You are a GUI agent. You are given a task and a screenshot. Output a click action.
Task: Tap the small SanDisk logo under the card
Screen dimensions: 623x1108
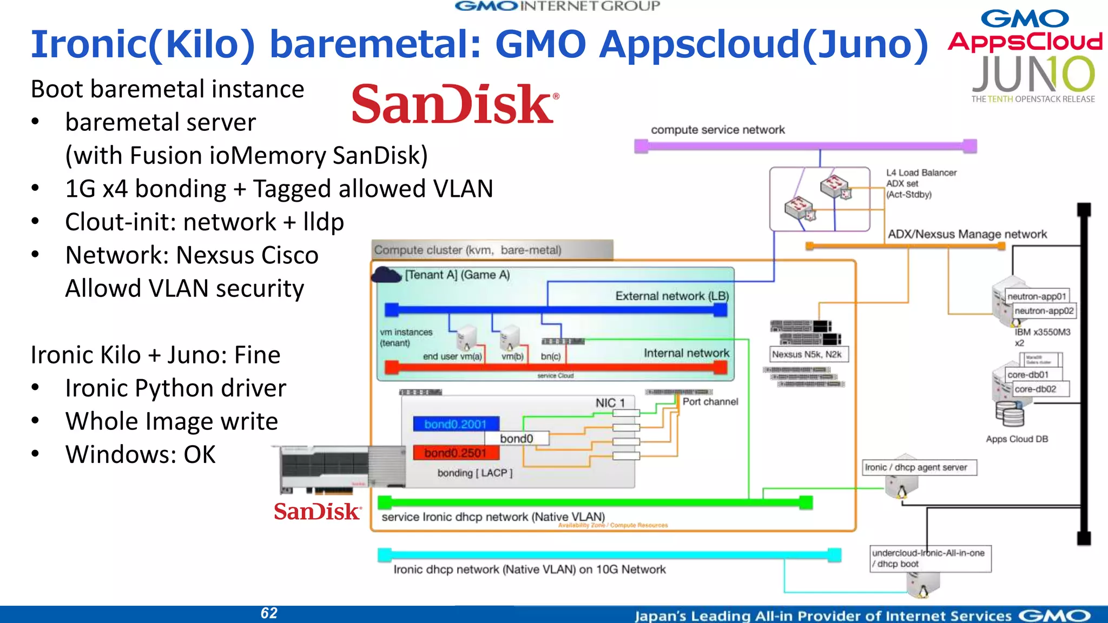point(318,512)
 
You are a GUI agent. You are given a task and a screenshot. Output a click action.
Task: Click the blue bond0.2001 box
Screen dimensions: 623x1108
point(456,424)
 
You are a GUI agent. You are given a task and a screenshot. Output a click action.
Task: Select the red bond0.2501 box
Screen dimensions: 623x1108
point(456,453)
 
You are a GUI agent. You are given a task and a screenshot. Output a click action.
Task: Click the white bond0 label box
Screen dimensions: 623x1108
point(517,439)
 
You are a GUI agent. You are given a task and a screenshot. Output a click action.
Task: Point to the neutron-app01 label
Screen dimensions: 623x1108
point(1037,296)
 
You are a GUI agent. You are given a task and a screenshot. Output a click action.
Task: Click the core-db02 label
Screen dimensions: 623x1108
point(1036,389)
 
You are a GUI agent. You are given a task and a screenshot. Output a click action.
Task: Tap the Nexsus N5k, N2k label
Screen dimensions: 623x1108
point(807,354)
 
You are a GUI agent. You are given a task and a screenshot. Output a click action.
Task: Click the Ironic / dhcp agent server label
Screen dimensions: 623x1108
point(916,467)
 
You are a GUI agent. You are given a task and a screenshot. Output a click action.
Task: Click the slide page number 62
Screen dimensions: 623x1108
point(269,613)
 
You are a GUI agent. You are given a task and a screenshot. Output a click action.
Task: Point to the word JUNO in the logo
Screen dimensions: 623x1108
point(1033,75)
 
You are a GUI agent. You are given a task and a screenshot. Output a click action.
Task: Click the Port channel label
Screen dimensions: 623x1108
point(710,402)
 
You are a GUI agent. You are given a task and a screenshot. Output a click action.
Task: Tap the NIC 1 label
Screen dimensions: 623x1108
point(610,403)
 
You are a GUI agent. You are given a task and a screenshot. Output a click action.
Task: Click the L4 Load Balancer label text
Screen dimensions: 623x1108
point(921,173)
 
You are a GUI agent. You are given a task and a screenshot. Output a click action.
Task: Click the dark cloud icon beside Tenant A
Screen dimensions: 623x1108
point(386,275)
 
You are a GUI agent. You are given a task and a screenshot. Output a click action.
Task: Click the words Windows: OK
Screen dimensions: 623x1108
point(141,454)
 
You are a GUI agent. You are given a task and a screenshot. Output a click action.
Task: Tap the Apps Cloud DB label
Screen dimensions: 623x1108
point(1017,439)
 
